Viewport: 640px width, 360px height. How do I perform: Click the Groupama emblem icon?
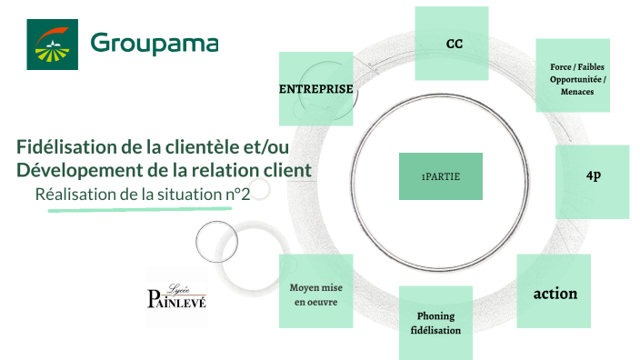tap(52, 44)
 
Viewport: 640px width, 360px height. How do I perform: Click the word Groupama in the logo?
tap(155, 44)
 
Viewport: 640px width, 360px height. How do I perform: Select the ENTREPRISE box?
tap(315, 88)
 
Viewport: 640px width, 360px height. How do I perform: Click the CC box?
tap(452, 43)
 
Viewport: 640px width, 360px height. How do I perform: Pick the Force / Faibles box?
tap(572, 75)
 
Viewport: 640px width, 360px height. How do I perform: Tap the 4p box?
tap(593, 181)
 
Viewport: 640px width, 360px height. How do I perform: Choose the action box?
tap(555, 293)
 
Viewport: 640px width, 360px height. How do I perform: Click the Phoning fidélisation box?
tap(435, 323)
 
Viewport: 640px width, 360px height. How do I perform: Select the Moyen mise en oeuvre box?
tap(315, 293)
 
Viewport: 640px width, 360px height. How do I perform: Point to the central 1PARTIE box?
tap(440, 175)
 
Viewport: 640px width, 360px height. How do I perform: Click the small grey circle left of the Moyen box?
tap(217, 240)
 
